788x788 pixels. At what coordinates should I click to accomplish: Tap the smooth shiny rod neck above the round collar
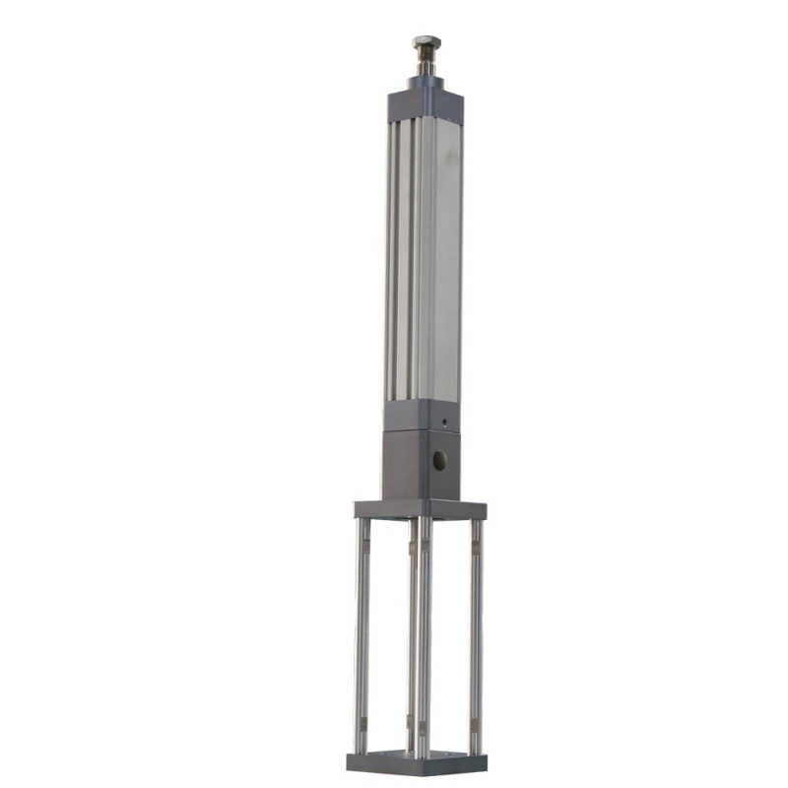click(427, 69)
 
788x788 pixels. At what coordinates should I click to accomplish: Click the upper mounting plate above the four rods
click(421, 509)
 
